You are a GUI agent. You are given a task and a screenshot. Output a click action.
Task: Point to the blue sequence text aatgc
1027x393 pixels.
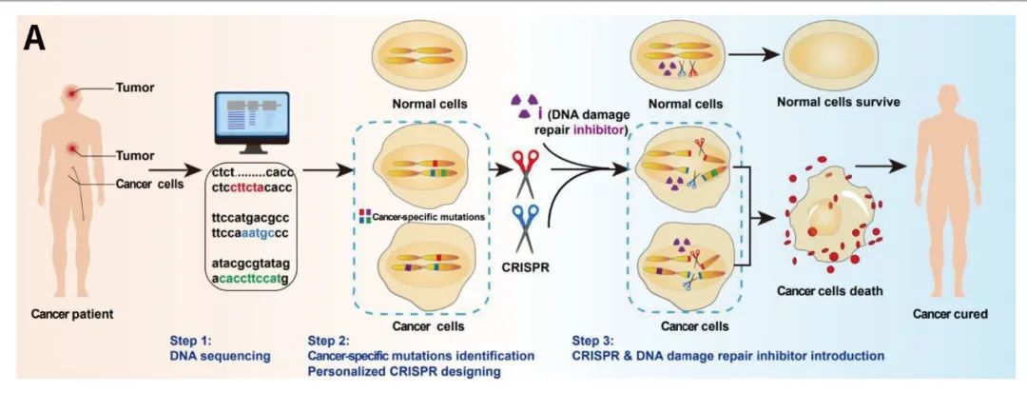262,233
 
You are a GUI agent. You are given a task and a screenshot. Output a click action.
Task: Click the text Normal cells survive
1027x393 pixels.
839,102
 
